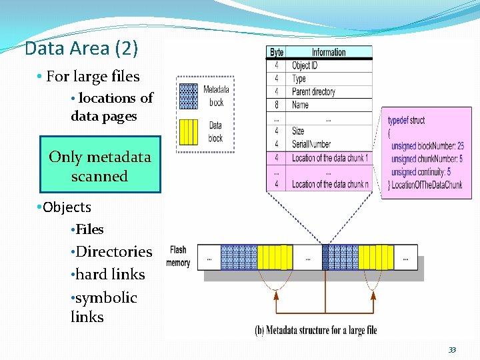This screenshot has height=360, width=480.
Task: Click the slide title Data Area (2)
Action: click(81, 49)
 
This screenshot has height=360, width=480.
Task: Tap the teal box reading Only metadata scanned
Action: click(100, 165)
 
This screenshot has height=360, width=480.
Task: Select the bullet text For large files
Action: click(93, 77)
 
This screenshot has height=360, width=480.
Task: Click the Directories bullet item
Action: click(114, 252)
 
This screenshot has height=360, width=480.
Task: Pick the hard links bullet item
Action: click(111, 275)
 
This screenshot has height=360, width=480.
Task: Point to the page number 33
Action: click(452, 350)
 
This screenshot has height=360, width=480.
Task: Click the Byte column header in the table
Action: click(276, 52)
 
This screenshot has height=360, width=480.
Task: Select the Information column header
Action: click(328, 52)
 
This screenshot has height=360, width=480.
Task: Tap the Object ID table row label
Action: click(305, 65)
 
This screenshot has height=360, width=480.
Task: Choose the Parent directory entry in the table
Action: click(313, 91)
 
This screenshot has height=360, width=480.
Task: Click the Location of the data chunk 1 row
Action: click(329, 158)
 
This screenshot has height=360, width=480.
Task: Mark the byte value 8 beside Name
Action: click(276, 105)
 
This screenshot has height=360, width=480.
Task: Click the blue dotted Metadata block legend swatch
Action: click(189, 96)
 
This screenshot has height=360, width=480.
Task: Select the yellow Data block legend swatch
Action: click(189, 131)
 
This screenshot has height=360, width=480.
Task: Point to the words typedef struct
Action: click(406, 121)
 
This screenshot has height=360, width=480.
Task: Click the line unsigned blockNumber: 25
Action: click(427, 146)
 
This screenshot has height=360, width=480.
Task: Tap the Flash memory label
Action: click(178, 257)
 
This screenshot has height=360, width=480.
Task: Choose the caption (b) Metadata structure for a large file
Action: click(315, 330)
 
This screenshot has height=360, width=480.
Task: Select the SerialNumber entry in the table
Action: click(311, 144)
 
